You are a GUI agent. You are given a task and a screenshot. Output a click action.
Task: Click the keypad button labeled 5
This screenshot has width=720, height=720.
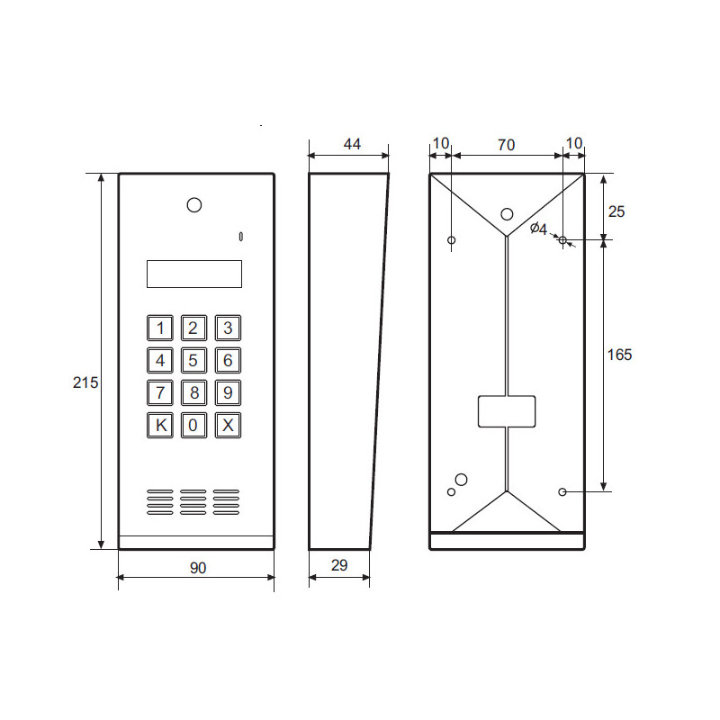pos(193,361)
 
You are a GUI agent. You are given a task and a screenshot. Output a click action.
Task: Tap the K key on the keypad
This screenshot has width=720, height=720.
pos(160,426)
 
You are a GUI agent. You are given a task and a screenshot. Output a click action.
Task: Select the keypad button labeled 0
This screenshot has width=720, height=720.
pos(193,426)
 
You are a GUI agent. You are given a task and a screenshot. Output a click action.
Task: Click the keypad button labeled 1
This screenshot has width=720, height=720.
pos(160,328)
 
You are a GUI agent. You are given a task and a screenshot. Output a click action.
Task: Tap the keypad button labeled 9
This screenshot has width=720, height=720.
pos(228,393)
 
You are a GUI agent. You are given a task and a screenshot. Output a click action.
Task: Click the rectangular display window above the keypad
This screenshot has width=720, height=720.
pos(193,274)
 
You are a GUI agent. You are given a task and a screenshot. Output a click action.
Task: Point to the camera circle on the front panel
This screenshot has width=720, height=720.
pos(194,205)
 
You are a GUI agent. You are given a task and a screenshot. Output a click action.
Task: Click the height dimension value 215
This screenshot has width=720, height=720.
pos(85,382)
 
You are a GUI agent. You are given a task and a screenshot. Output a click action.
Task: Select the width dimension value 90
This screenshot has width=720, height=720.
pos(197,567)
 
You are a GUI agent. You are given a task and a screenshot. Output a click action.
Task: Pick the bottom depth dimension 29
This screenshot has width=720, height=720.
pos(339,565)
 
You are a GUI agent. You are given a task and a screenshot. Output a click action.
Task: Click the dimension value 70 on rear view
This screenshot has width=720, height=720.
pos(507,144)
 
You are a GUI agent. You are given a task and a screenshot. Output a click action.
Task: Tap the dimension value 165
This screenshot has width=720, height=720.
pos(619,355)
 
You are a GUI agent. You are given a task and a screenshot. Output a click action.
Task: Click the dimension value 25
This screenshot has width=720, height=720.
pos(616,211)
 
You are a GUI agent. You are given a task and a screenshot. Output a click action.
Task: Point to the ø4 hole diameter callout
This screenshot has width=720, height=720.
pos(538,229)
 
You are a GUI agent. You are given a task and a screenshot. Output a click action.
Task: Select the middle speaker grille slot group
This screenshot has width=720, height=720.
pos(193,502)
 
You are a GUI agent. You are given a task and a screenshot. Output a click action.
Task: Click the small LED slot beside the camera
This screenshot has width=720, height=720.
pos(241,237)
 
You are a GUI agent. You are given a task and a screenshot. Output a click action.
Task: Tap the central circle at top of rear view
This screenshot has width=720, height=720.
pos(507,214)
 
